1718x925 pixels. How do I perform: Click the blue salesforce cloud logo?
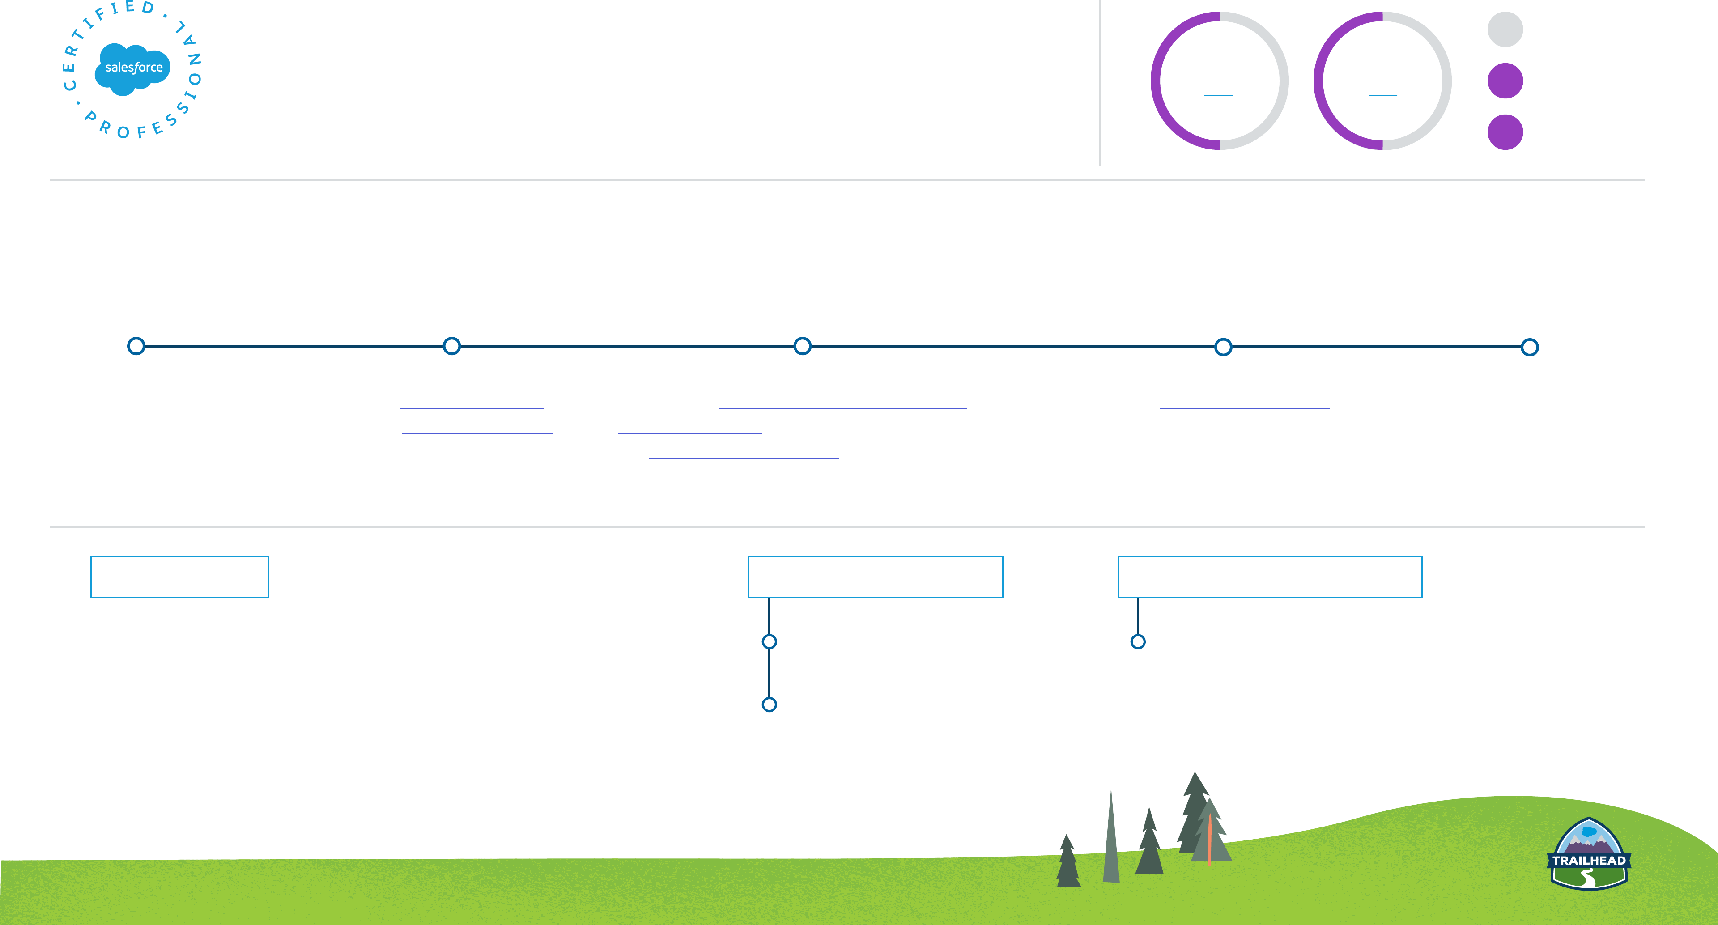coord(133,68)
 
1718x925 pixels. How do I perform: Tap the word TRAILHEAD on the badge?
coord(1589,860)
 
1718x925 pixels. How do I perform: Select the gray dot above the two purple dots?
coord(1505,30)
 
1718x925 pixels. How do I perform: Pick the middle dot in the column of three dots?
coord(1505,81)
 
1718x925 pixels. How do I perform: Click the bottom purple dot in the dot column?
coord(1505,132)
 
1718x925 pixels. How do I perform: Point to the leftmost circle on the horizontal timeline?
coord(136,346)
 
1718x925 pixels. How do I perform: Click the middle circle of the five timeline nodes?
coord(802,346)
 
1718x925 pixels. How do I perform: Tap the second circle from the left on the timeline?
coord(451,346)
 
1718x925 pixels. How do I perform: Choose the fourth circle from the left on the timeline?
coord(1223,347)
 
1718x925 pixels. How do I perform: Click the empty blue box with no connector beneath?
coord(179,577)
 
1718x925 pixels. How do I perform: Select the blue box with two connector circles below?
coord(875,577)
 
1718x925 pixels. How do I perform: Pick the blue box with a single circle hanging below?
coord(1270,577)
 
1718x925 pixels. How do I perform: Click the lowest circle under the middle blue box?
coord(769,704)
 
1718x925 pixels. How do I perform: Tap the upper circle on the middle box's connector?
coord(769,641)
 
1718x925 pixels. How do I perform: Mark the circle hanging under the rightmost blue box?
coord(1138,641)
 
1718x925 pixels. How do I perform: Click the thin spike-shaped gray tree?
coord(1111,840)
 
